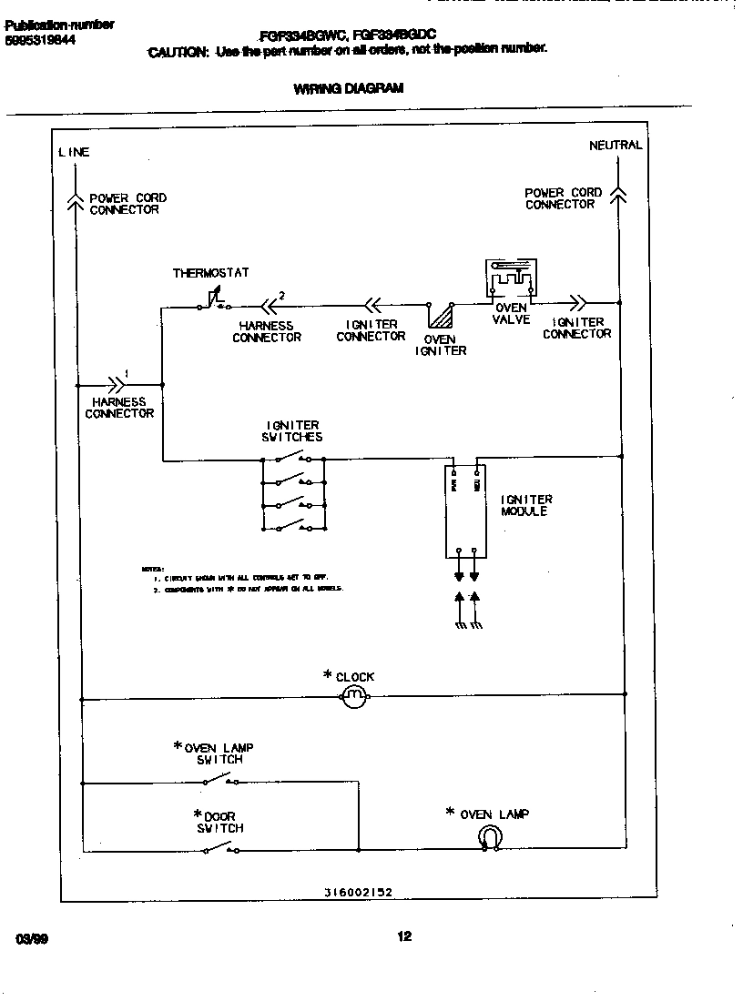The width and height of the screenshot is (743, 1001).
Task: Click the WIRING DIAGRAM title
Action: click(348, 89)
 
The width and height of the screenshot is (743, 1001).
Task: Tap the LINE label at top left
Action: click(74, 152)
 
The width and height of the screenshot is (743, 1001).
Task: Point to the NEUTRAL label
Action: click(615, 145)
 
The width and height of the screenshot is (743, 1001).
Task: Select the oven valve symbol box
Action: click(509, 278)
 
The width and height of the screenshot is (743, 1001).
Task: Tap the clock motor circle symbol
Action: click(353, 697)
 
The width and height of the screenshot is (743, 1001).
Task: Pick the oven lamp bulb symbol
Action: click(491, 838)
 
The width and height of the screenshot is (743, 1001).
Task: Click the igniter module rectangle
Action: click(463, 510)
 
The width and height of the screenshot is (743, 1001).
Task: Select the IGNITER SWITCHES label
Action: click(292, 430)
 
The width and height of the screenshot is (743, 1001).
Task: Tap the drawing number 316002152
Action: click(358, 893)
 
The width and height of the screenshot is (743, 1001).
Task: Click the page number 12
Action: click(404, 935)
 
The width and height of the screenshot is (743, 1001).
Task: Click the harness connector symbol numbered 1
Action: click(117, 383)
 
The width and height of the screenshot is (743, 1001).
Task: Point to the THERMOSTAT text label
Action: click(210, 273)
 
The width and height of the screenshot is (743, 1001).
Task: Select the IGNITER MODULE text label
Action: click(525, 506)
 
